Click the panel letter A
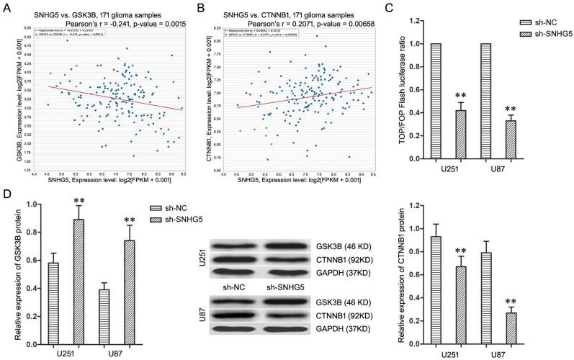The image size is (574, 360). tap(6, 6)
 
